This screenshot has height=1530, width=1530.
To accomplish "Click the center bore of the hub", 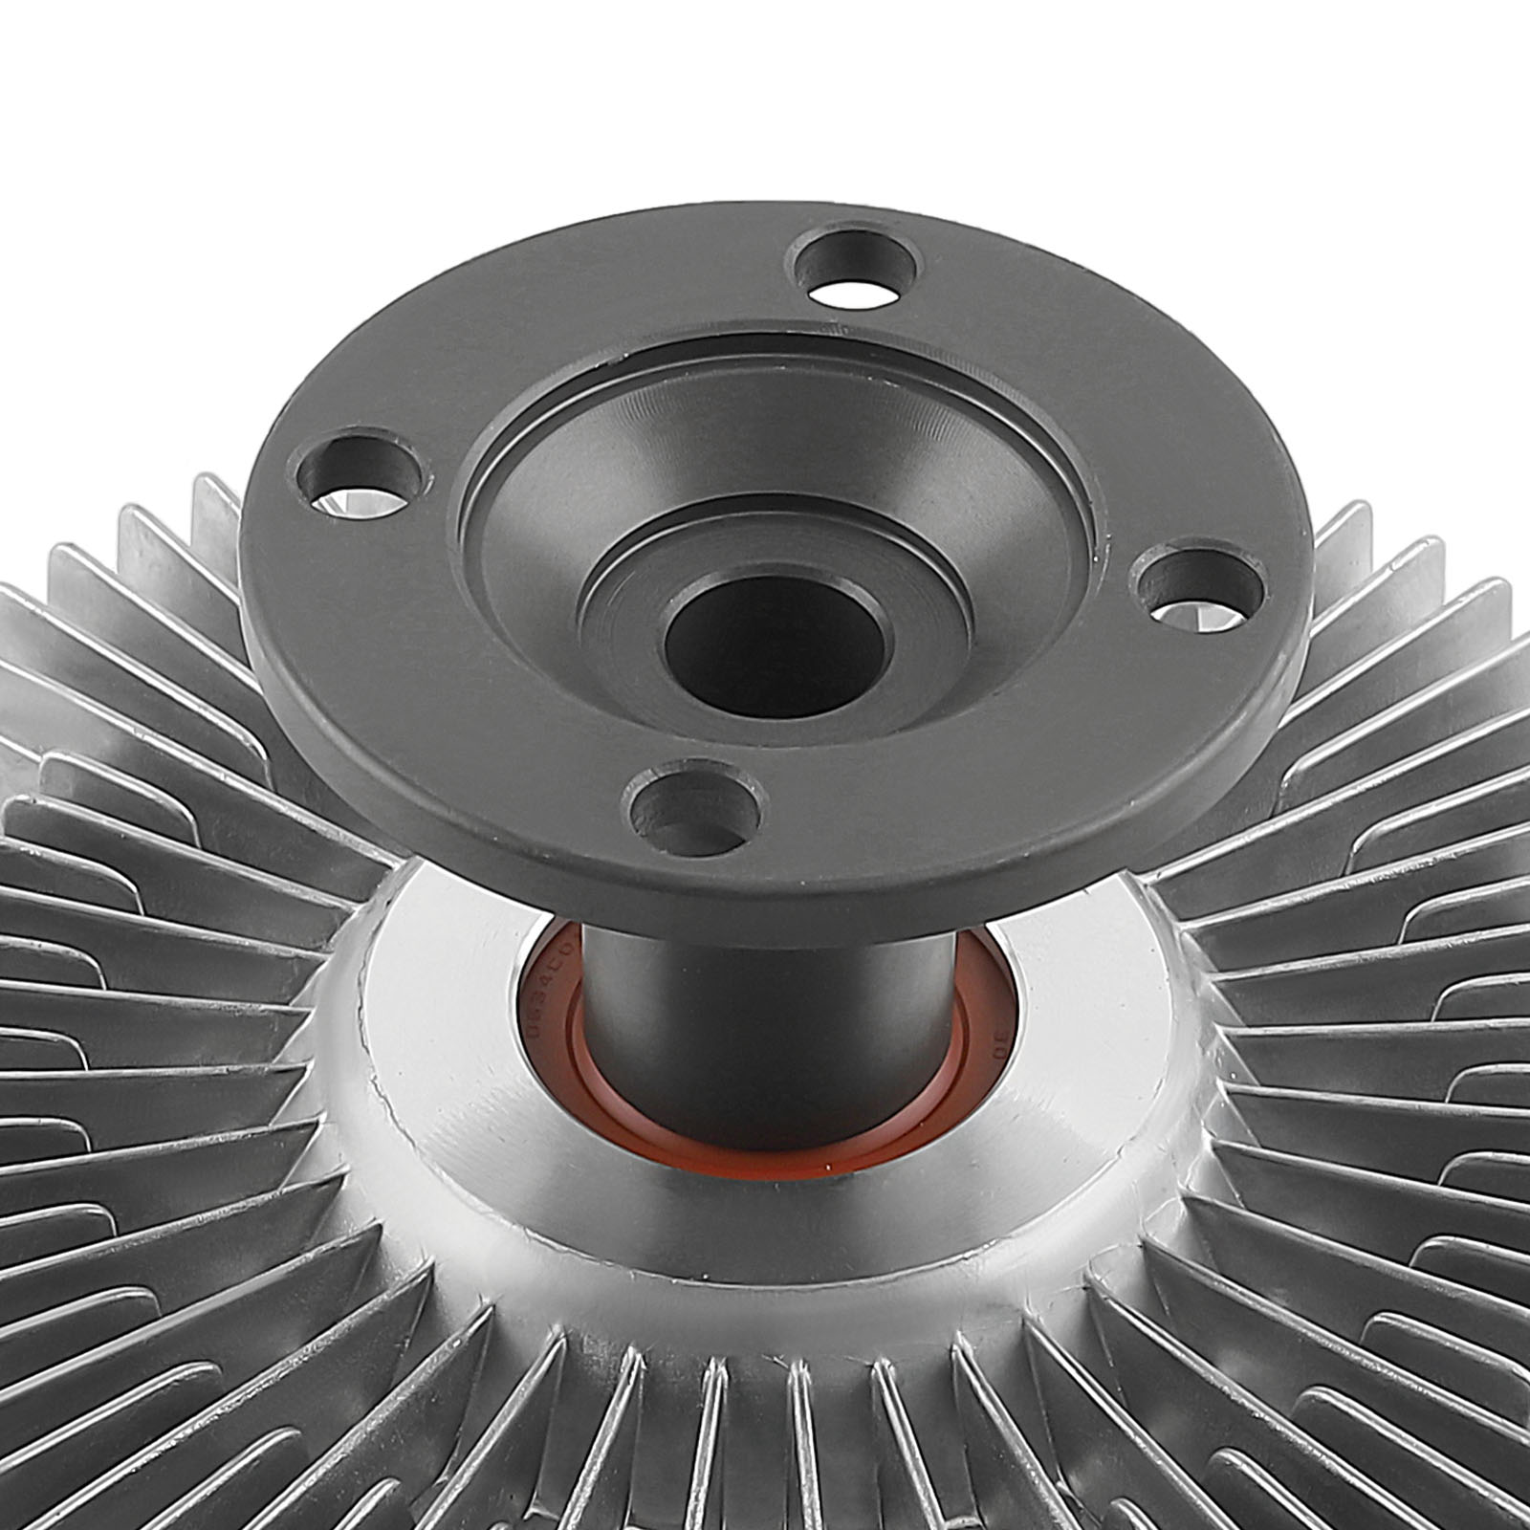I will [x=773, y=650].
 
